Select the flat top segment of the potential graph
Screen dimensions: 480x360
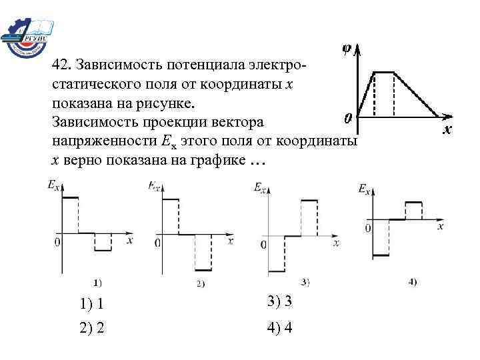[384, 72]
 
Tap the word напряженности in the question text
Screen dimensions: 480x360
[95, 142]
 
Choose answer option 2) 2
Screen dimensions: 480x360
[91, 328]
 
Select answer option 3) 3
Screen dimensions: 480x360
[280, 302]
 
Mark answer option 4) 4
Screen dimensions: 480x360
[280, 328]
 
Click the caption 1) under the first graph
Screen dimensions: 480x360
[97, 281]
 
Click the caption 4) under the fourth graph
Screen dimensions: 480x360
[413, 281]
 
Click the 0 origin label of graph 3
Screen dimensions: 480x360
[264, 245]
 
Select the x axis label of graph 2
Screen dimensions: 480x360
[230, 241]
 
